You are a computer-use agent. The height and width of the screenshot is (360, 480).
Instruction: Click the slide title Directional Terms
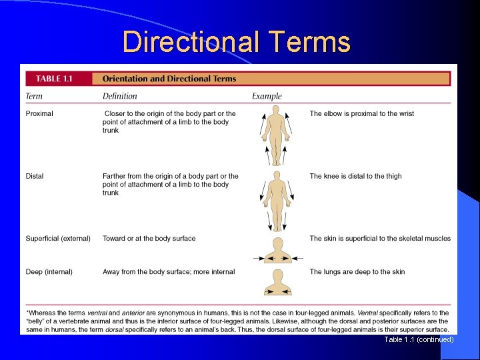(x=237, y=42)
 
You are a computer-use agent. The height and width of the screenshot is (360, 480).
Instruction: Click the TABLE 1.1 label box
(x=55, y=79)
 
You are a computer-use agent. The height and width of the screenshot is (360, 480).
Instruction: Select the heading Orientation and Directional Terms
(x=169, y=79)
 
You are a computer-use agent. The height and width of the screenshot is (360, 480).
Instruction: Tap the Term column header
(x=34, y=96)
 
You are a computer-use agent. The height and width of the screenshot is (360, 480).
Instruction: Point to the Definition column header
(x=120, y=96)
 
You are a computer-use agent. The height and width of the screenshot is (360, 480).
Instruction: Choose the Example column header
(x=267, y=96)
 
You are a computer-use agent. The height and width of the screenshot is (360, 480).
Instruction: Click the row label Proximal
(x=39, y=113)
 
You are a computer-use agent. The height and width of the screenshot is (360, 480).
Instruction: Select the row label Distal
(x=35, y=176)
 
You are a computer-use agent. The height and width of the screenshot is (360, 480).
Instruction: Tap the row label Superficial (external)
(x=58, y=238)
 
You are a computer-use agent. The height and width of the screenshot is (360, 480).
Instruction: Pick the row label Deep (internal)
(x=49, y=271)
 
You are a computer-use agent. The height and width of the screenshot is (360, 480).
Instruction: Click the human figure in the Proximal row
(x=275, y=137)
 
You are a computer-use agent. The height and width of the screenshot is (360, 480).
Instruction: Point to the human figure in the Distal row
(x=275, y=199)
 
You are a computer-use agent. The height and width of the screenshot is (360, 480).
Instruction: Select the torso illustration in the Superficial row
(x=278, y=251)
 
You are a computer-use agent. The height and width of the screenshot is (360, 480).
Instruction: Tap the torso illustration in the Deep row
(x=278, y=283)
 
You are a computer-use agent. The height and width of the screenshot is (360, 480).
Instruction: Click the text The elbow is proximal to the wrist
(x=361, y=113)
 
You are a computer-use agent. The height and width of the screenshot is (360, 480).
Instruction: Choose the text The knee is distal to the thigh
(x=355, y=176)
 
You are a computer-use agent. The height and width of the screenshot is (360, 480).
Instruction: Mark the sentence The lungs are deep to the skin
(x=357, y=271)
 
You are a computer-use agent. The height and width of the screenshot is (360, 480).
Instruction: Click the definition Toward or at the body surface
(x=149, y=238)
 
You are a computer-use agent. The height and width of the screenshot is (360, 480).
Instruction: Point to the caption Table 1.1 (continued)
(x=419, y=339)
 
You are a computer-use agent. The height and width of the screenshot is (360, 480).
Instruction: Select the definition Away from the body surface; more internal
(x=169, y=271)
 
